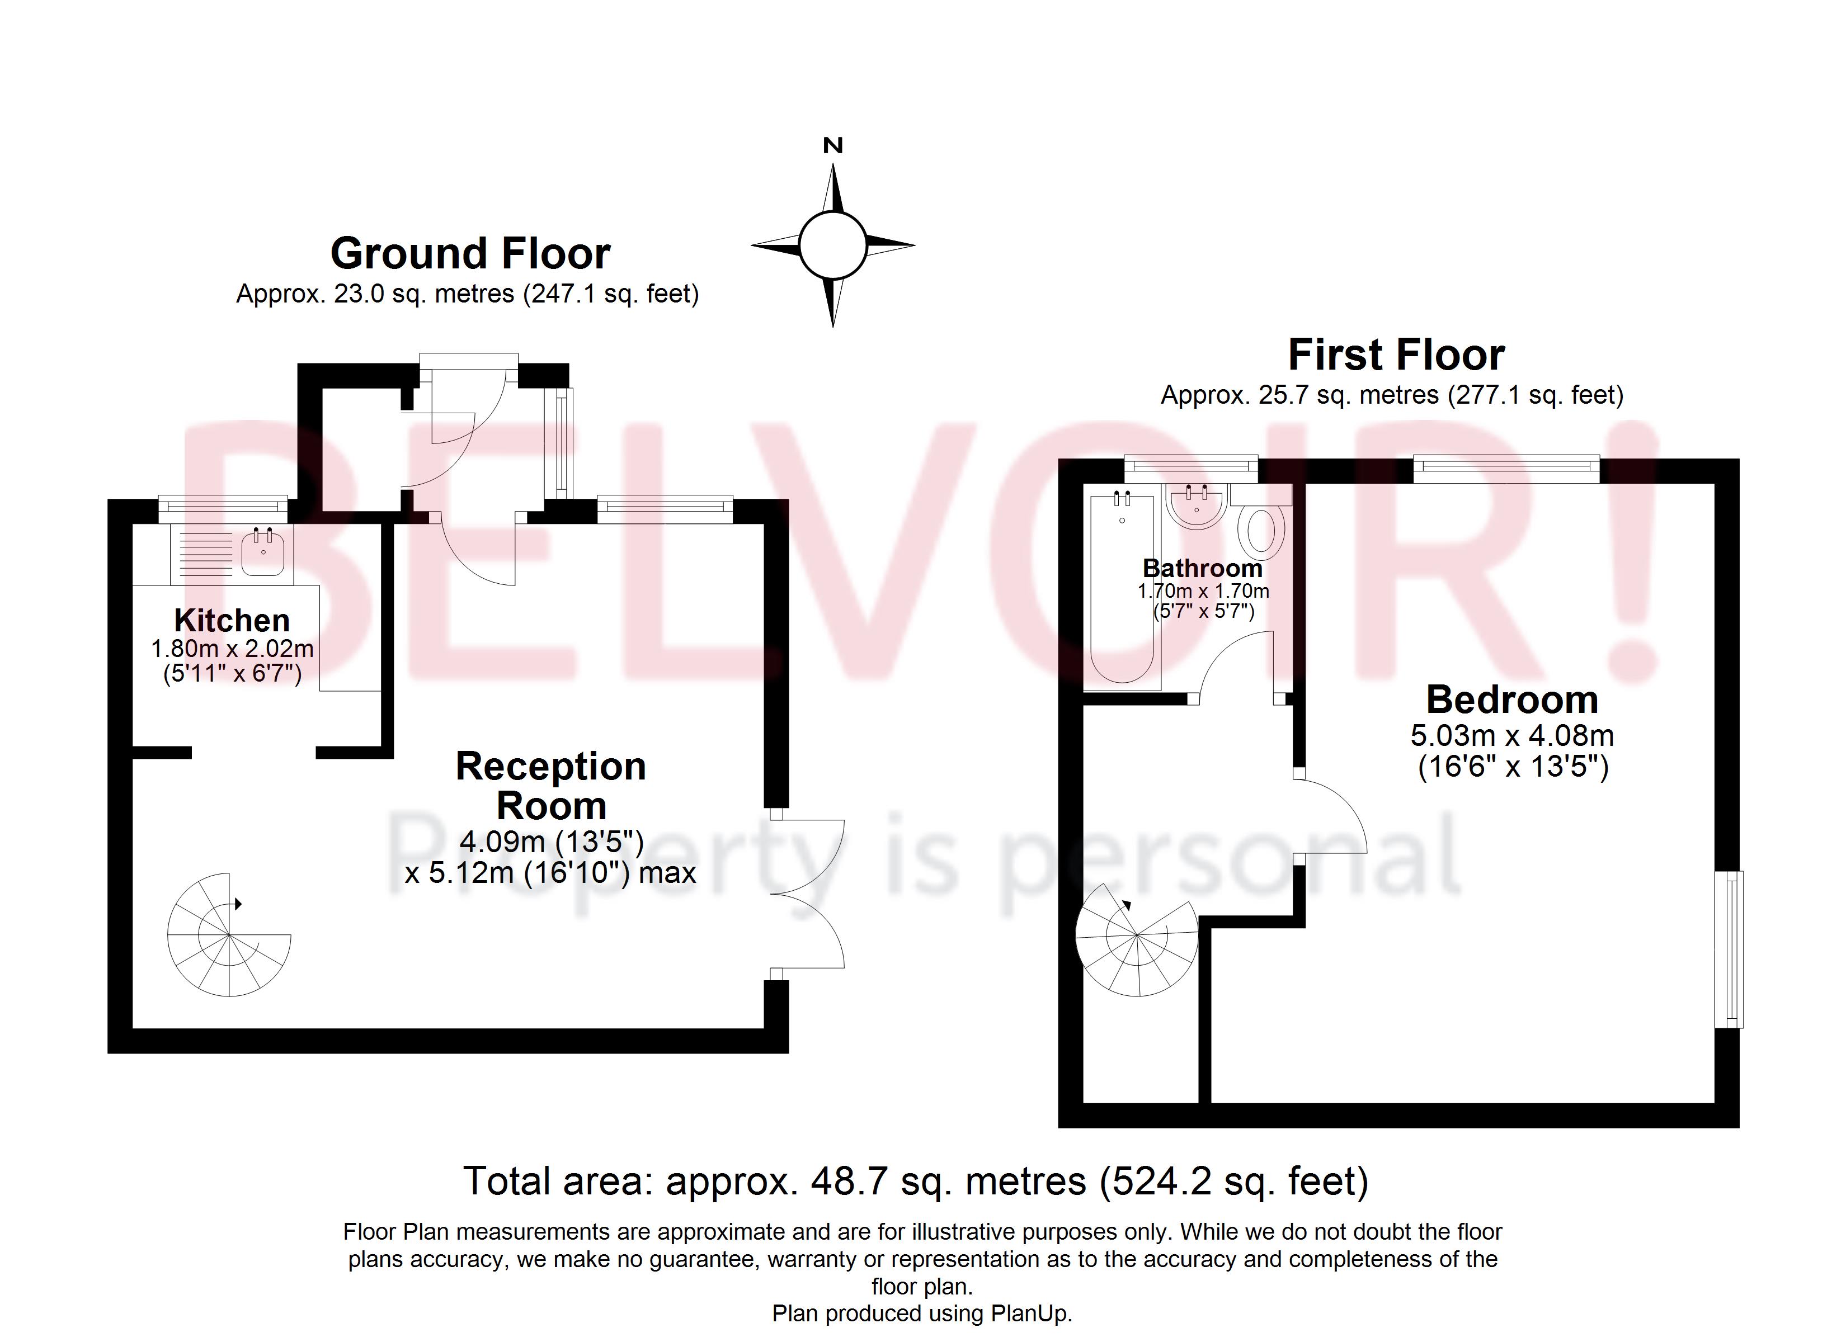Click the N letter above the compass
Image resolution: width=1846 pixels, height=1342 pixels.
point(832,146)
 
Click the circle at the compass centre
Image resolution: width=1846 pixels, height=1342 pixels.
point(832,245)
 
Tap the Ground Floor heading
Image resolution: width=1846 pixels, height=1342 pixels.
point(470,253)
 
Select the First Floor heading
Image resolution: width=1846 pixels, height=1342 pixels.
point(1396,355)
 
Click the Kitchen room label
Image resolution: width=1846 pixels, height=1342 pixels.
point(232,620)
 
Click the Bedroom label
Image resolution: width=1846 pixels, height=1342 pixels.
point(1511,699)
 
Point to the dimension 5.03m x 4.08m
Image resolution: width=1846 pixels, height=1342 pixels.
point(1511,736)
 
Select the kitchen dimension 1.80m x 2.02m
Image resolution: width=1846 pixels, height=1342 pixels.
point(232,649)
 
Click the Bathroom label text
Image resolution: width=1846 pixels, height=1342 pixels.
point(1202,568)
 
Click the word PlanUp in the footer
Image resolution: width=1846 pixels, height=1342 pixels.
point(1030,1313)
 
